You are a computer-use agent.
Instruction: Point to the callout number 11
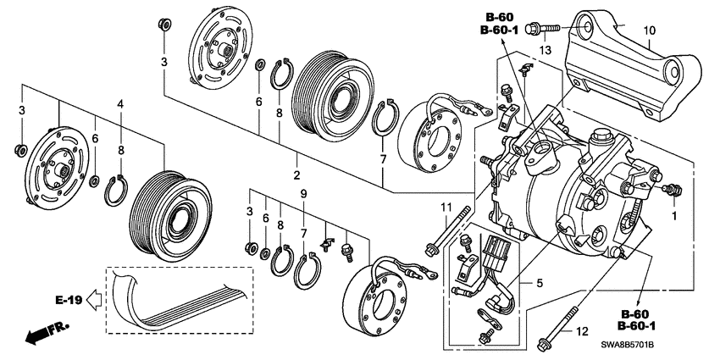pos(443,208)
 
